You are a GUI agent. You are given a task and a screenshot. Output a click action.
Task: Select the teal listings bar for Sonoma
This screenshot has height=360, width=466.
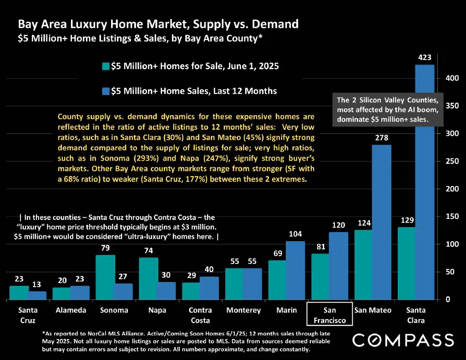coord(105,277)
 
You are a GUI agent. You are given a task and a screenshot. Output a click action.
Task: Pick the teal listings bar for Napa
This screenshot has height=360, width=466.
coord(148,279)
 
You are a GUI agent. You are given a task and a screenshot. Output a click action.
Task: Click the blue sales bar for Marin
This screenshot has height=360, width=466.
coord(295,270)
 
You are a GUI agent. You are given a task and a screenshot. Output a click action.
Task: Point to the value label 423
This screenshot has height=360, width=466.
coord(425,58)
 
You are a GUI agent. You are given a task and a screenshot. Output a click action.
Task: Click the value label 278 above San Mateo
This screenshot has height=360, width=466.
coord(381,137)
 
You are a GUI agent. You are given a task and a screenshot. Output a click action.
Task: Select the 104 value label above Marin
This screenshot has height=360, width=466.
coord(295,234)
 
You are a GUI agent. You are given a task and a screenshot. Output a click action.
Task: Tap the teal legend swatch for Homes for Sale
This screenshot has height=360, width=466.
coord(106,66)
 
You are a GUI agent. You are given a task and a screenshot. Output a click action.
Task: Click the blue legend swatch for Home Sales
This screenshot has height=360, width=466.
coord(106,91)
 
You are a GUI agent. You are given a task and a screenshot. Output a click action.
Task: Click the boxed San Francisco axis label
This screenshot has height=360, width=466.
coord(330,315)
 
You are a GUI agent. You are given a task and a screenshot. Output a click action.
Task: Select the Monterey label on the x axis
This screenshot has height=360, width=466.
coord(244,310)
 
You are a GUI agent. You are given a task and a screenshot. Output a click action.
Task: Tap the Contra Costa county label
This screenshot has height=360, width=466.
coord(200,315)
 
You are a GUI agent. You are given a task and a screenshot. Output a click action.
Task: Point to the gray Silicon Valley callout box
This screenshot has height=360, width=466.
coord(387,110)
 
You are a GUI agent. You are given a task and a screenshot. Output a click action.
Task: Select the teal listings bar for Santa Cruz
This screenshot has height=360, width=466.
coord(19,293)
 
